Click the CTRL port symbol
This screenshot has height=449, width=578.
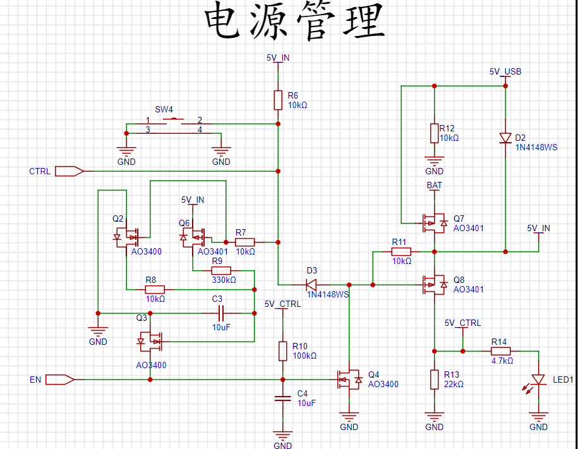69,171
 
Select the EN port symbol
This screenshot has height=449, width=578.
60,380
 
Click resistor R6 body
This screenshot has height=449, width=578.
278,100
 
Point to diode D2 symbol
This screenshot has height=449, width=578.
505,138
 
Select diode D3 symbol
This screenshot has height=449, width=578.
311,285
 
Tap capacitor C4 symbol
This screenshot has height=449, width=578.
283,398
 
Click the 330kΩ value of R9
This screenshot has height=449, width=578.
224,280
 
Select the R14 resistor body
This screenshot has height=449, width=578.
500,351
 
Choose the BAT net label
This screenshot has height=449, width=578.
434,185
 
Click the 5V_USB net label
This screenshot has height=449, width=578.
505,71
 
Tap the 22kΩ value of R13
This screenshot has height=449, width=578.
454,384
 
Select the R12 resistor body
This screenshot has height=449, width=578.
434,133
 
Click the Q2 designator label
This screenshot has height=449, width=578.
118,219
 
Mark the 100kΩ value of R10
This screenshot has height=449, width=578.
304,356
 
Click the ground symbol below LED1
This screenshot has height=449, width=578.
538,417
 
